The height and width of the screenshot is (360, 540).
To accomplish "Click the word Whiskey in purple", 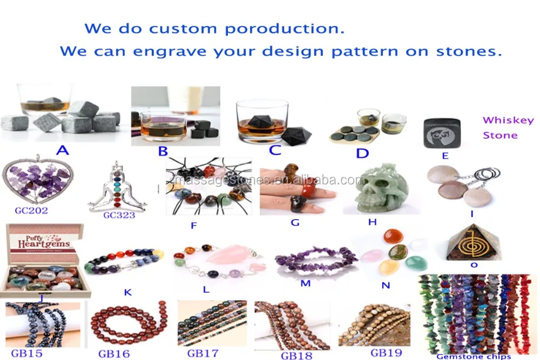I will tap(508, 120).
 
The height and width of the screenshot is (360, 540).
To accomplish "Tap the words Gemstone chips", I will tap(474, 356).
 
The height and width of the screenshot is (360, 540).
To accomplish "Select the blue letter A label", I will tap(63, 150).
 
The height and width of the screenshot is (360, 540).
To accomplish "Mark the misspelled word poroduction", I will tap(284, 28).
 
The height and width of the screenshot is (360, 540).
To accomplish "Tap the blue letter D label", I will tap(362, 153).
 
